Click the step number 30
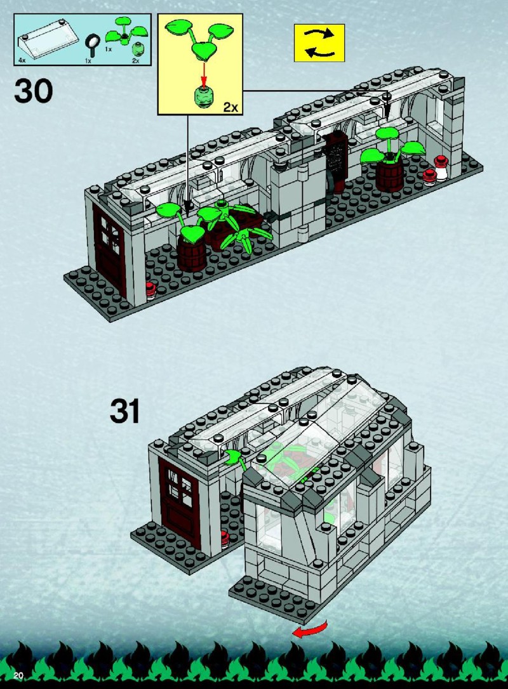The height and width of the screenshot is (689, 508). coord(34,91)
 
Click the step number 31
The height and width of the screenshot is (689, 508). coord(125,411)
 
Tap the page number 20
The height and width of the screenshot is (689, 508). coord(18,676)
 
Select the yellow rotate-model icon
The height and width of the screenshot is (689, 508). coord(319,43)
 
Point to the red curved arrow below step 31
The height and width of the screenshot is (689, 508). coord(311,629)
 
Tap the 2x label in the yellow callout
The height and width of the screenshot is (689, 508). coord(231,107)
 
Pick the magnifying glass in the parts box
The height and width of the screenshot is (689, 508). coord(92,44)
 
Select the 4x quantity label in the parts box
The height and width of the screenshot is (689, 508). coord(22,60)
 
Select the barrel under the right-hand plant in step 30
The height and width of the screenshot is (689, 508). coord(390,175)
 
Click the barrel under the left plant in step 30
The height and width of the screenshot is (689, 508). coord(192,254)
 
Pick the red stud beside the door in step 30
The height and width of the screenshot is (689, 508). coord(151,290)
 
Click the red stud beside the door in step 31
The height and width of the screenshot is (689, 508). coord(225,539)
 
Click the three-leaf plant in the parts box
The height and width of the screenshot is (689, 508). coord(126,32)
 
